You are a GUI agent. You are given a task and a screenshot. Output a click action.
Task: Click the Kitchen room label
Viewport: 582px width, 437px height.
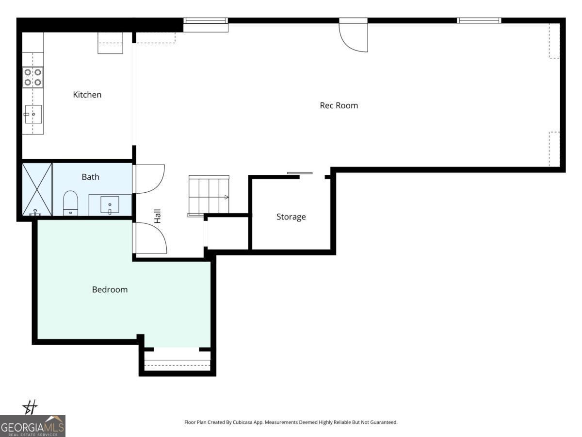click(87, 95)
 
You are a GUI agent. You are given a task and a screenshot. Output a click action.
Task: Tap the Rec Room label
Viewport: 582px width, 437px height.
click(339, 105)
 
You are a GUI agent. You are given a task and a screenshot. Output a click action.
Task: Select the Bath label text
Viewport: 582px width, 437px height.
click(90, 177)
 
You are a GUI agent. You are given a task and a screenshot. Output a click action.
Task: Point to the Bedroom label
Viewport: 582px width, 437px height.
click(110, 289)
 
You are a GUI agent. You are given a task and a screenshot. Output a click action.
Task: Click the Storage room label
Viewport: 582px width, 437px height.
click(291, 217)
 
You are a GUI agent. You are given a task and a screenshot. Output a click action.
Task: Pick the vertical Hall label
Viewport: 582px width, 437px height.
click(157, 216)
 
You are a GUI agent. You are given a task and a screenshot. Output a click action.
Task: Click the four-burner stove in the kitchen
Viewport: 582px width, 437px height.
click(33, 77)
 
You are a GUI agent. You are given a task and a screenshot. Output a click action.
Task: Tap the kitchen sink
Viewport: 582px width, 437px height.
click(33, 114)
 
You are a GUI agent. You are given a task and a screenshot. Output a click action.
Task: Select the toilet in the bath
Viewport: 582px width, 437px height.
click(71, 203)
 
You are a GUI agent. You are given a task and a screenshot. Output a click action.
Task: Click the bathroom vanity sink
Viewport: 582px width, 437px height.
click(110, 205)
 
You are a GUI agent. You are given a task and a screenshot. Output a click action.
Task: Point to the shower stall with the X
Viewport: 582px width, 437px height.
click(37, 189)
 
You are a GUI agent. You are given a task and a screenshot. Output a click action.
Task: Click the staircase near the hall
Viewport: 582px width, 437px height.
click(209, 195)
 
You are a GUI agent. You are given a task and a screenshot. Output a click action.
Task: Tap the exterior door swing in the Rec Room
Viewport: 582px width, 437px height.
click(353, 36)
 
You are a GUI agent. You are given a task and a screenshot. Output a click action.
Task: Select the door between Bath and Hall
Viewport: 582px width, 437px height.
click(149, 179)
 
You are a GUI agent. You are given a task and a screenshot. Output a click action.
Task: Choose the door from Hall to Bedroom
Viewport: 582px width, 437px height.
click(150, 238)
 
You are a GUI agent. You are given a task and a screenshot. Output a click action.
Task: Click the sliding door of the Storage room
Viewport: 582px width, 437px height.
click(300, 173)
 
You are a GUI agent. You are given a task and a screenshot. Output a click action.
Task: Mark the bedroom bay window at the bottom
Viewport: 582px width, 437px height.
click(177, 362)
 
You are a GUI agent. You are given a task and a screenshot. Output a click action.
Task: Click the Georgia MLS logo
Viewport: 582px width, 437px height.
click(32, 426)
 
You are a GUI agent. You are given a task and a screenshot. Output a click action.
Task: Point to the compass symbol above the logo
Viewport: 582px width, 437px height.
click(31, 407)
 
